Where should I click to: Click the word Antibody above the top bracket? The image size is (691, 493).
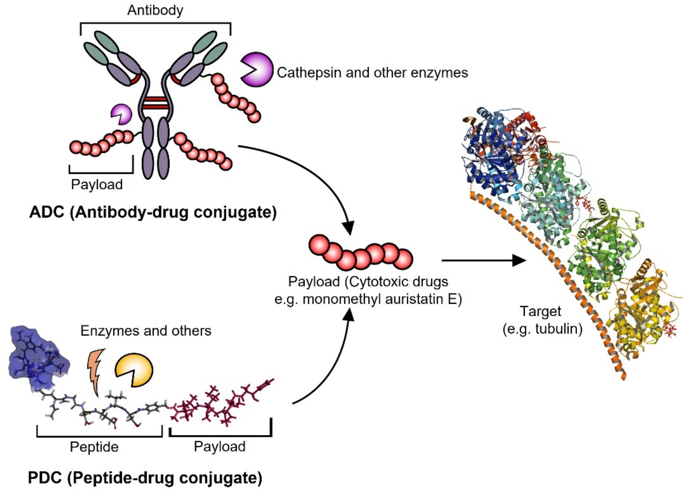155,10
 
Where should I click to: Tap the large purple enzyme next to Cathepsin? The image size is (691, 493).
257,70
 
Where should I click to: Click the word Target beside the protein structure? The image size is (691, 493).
541,311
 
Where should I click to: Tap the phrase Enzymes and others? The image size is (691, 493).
146,331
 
